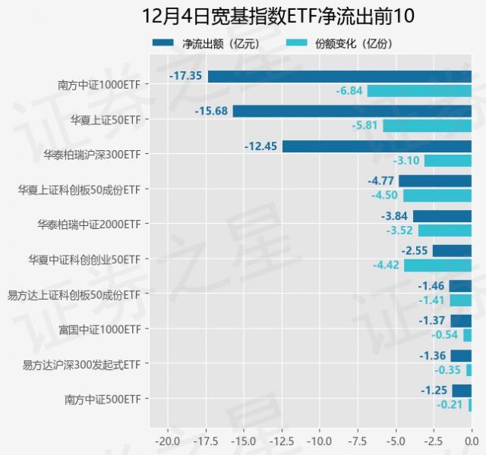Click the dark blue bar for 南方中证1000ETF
(x=339, y=77)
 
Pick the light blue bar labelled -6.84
(x=419, y=91)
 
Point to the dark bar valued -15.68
(x=352, y=111)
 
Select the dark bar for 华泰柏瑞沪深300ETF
(x=377, y=146)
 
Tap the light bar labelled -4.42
(x=437, y=265)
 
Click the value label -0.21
(x=450, y=405)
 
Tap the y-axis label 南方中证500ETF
(x=104, y=399)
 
